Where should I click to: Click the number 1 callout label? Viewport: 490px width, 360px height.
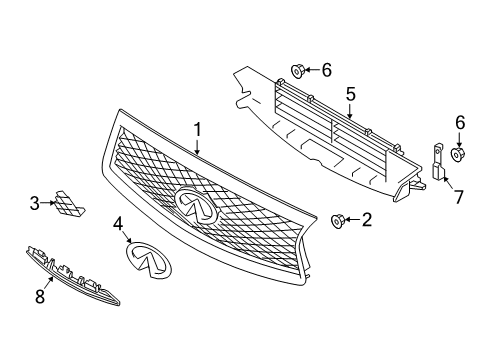click(198, 129)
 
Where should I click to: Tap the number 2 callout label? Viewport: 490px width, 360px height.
click(366, 220)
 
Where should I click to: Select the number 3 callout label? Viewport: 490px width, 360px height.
click(34, 204)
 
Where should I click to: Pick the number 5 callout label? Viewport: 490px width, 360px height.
click(350, 95)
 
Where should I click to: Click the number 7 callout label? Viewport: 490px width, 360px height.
click(459, 196)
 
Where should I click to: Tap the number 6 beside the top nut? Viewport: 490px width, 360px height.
click(327, 69)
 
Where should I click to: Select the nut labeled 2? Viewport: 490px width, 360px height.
click(336, 220)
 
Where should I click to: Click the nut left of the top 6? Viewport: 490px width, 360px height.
click(298, 70)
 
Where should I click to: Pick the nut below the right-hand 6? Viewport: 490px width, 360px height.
click(459, 154)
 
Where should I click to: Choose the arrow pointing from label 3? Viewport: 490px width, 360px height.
click(49, 204)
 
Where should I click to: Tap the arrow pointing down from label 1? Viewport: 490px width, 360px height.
click(198, 146)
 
